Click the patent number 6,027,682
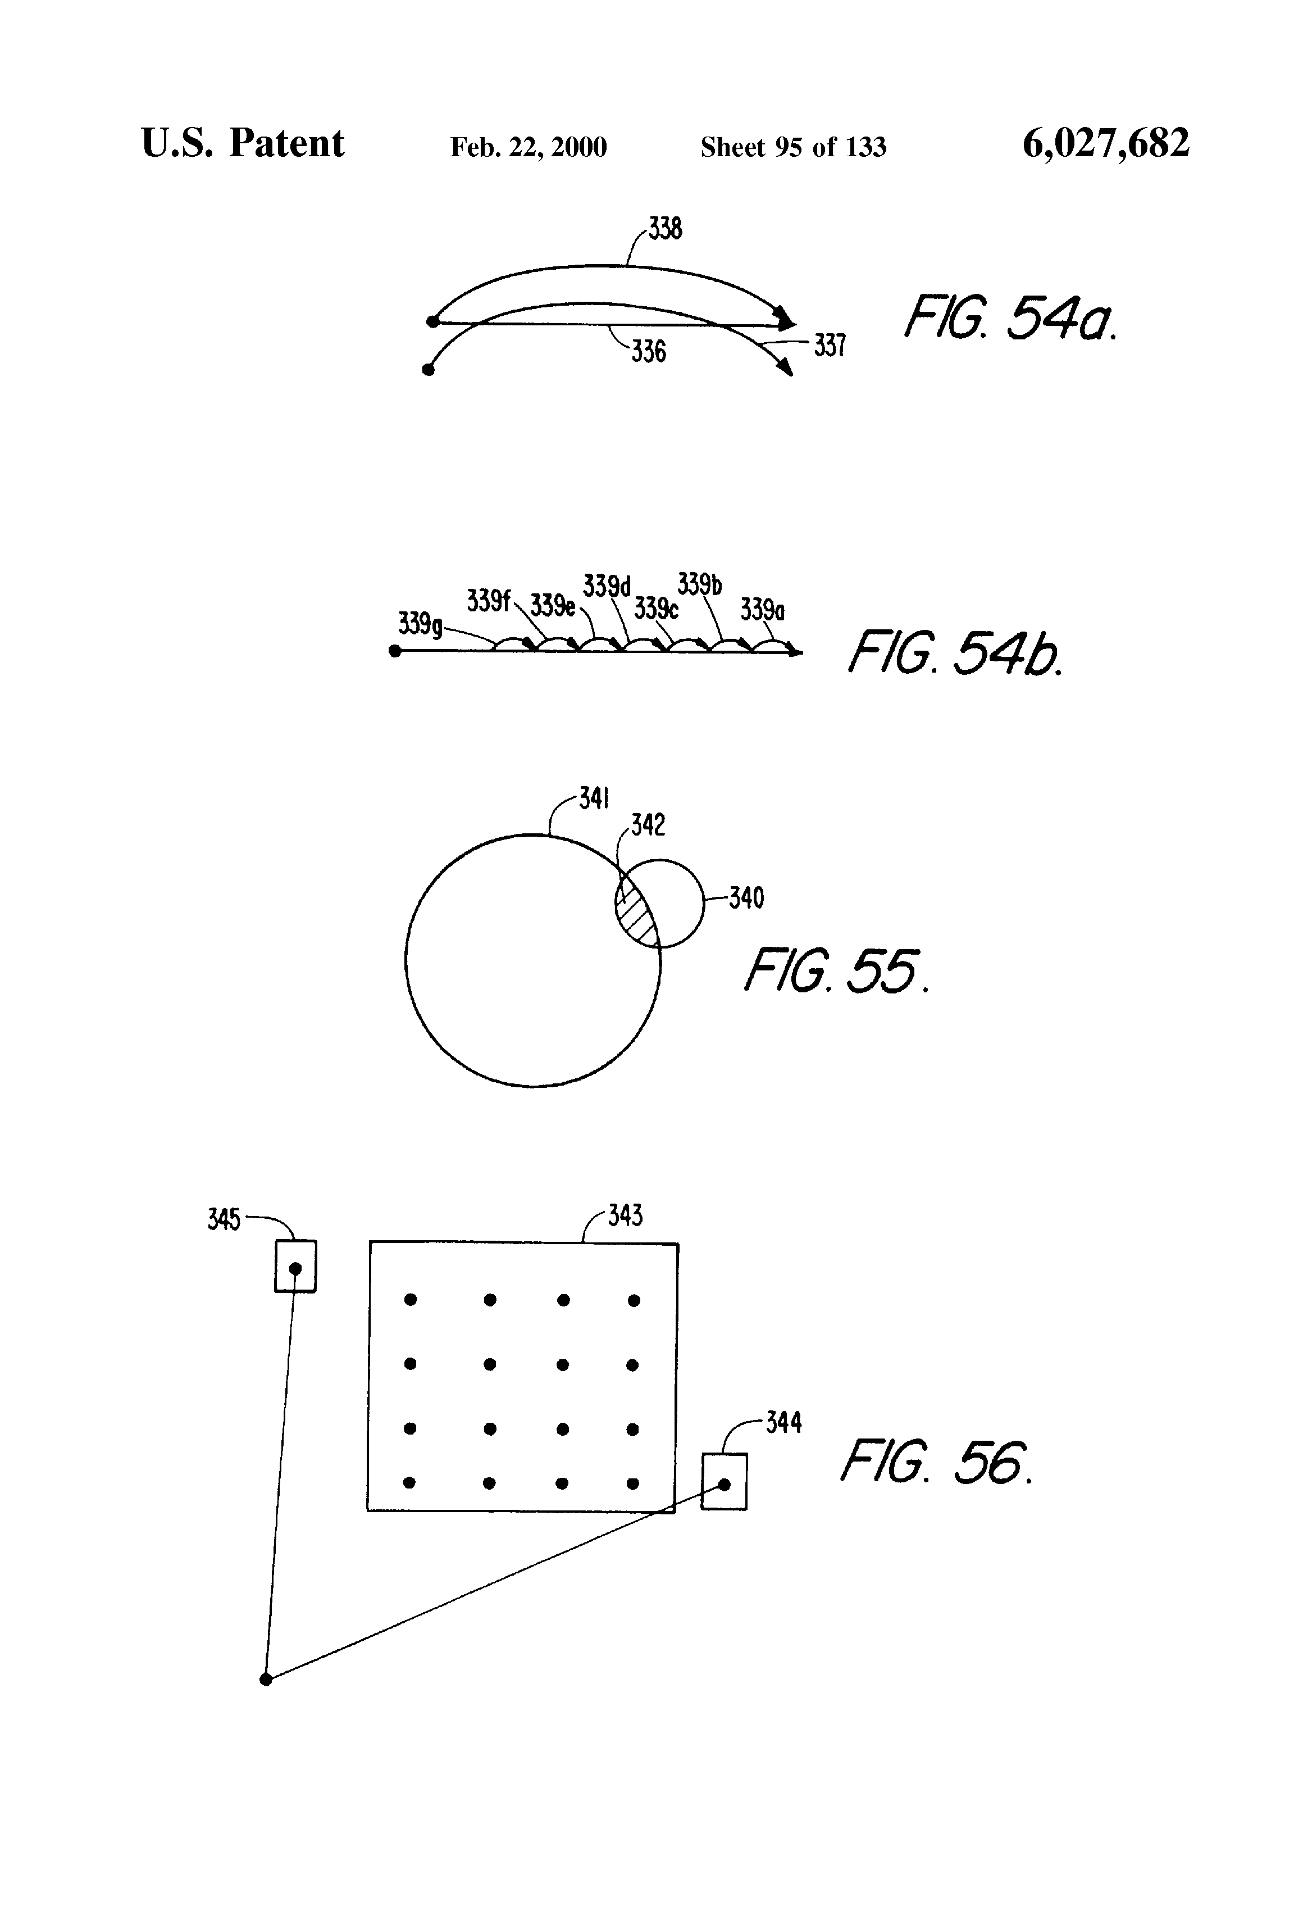[1105, 144]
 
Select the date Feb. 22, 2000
[528, 147]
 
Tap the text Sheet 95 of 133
[793, 147]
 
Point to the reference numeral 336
[649, 352]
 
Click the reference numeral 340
[746, 897]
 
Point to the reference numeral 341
[594, 798]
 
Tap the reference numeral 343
[625, 1215]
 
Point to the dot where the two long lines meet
[265, 1680]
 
